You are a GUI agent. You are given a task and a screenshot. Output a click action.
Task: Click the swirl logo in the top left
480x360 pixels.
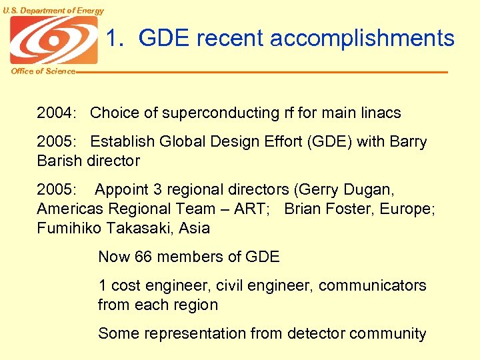[53, 40]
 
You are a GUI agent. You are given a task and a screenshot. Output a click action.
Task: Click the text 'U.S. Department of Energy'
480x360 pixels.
[53, 10]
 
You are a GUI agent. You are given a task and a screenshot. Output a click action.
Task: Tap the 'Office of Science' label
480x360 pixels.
[43, 71]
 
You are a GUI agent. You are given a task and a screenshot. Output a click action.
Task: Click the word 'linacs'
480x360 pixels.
[379, 113]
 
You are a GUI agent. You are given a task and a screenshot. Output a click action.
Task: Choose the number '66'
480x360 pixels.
[143, 257]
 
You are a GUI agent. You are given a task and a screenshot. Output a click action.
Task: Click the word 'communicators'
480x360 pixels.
[373, 285]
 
